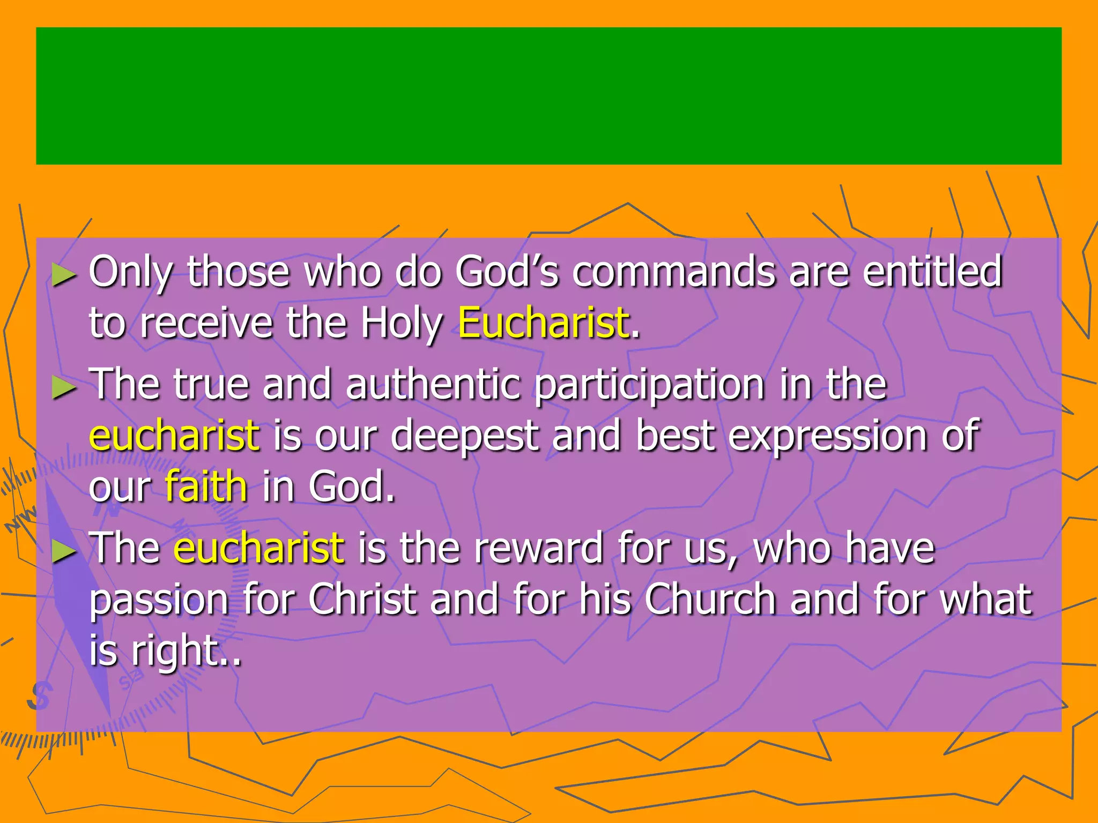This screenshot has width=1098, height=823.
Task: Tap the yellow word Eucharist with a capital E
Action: pos(543,323)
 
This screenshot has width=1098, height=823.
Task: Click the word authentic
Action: pos(433,384)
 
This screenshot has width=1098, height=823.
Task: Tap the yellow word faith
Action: pos(206,487)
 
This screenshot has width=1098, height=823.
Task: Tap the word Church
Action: pos(710,599)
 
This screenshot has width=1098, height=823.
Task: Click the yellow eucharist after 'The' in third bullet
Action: pos(258,548)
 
